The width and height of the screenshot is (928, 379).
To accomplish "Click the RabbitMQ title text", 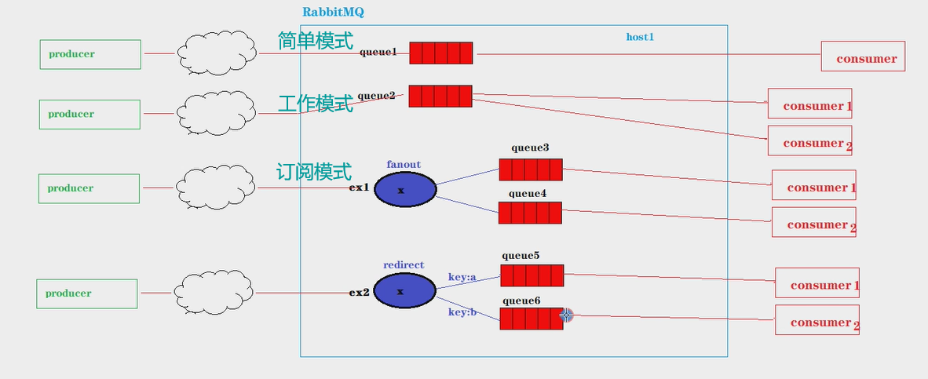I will coord(333,13).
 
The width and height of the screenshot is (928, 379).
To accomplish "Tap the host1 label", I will coord(640,37).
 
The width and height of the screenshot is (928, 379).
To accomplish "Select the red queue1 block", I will coord(440,53).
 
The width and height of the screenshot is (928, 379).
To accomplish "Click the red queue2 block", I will coord(440,96).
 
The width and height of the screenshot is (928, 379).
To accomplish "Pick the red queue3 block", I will coord(531,169).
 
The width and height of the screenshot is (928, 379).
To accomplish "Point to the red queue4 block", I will coord(530,213).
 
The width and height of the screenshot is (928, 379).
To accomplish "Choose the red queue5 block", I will coord(532,275).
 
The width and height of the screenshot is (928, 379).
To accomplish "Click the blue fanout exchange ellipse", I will coord(404,190).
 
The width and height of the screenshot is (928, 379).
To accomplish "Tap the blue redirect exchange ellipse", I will coord(404,291).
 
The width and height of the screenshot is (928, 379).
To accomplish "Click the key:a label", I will coord(462,277).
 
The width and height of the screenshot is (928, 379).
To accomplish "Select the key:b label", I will coord(462,312).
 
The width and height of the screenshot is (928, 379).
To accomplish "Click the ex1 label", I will coord(359,188).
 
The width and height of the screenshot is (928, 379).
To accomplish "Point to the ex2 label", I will coord(359,293).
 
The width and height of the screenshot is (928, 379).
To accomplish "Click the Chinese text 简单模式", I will coord(316,41).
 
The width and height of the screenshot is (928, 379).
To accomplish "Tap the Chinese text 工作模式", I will coord(316,103).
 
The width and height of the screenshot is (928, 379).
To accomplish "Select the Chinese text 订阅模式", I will coord(314,172).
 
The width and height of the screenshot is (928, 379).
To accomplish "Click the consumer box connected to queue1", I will coord(863,56).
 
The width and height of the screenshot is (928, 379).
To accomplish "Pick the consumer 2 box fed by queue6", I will coord(817,320).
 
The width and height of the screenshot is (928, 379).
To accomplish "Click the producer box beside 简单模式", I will coord(90,54).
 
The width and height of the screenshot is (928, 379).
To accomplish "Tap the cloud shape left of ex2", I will coord(213,293).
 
